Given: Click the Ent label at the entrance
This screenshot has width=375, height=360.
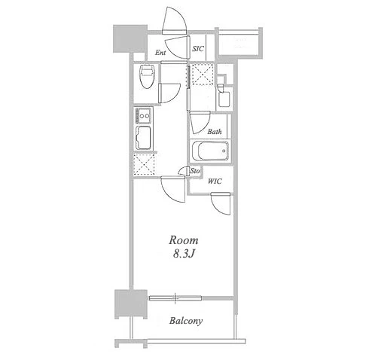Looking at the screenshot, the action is click(x=160, y=53).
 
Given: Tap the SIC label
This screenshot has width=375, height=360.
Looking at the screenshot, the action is click(x=198, y=49).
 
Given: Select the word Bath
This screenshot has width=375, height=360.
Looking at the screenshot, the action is click(x=215, y=131).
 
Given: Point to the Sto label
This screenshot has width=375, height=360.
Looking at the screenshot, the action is click(x=195, y=171).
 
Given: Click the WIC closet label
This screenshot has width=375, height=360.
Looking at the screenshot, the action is click(x=215, y=181).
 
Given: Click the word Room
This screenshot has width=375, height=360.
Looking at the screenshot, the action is click(x=184, y=240).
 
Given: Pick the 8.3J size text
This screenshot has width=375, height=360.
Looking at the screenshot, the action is click(x=184, y=255).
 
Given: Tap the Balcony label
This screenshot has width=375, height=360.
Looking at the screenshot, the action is click(x=186, y=321).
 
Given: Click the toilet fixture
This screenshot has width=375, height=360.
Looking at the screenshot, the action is click(x=147, y=76).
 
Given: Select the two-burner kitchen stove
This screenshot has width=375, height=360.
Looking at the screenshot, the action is click(x=143, y=115).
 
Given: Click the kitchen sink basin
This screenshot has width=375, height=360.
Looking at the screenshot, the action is click(x=143, y=138).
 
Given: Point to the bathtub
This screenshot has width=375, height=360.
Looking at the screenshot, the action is click(x=210, y=151).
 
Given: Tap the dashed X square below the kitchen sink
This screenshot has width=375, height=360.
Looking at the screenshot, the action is click(x=144, y=164).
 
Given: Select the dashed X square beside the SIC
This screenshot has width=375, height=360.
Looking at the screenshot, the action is click(x=203, y=75).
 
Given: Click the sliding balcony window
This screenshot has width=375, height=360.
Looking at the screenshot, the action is click(x=175, y=298).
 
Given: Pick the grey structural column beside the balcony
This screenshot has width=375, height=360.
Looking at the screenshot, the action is click(x=131, y=304).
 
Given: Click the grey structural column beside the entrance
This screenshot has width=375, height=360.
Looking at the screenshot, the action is click(x=130, y=38).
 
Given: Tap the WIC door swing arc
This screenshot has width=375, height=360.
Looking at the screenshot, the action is click(x=221, y=203).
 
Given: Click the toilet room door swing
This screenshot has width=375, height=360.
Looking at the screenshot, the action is click(x=169, y=93).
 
